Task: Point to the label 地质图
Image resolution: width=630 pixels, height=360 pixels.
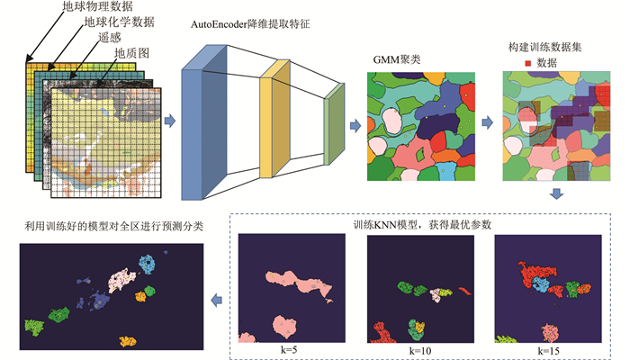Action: point(131,53)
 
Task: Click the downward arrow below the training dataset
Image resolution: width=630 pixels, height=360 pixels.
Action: point(557,193)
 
